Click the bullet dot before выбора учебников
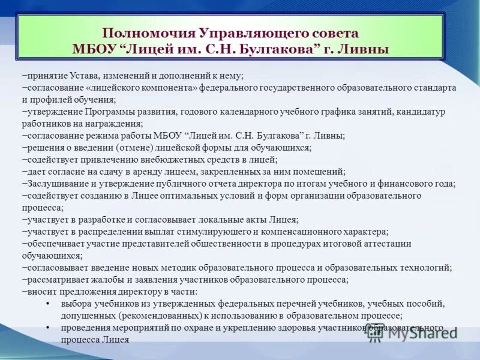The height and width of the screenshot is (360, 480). (47, 304)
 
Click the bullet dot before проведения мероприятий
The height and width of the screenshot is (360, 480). (47, 328)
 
